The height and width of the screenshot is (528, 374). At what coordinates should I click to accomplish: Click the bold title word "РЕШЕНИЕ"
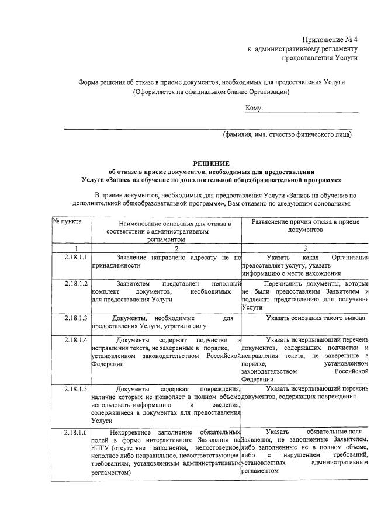pyautogui.click(x=211, y=163)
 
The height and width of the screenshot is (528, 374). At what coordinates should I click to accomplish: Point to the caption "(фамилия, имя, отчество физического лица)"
pyautogui.click(x=287, y=134)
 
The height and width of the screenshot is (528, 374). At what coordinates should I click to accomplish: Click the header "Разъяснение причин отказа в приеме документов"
pyautogui.click(x=304, y=226)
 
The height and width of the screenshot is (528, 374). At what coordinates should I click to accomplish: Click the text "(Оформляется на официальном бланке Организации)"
pyautogui.click(x=211, y=92)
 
